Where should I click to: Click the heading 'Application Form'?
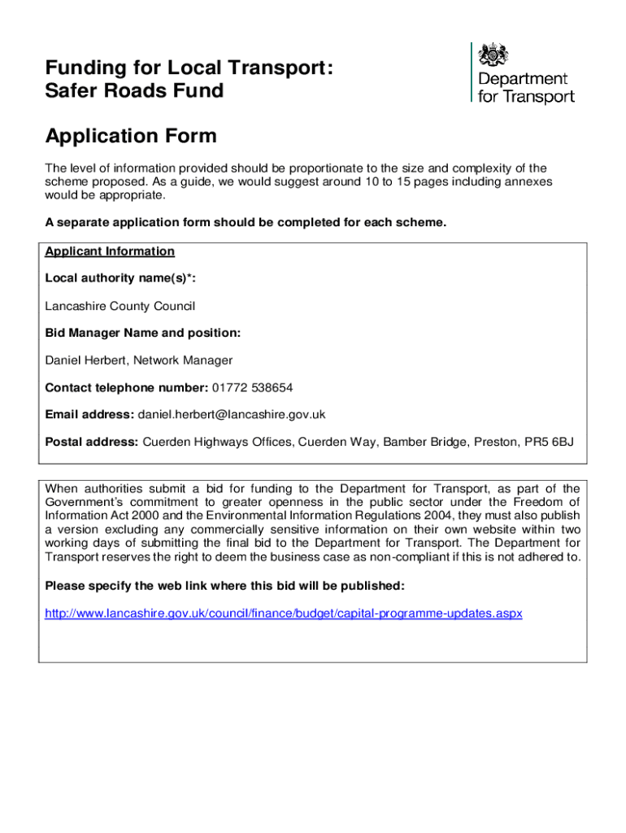[131, 136]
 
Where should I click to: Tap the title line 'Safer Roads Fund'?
[134, 90]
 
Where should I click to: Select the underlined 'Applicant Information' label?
[110, 251]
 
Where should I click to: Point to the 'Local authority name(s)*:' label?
[120, 278]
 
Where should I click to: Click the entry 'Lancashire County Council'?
[120, 306]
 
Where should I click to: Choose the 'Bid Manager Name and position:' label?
[142, 333]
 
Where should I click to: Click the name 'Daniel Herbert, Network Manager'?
[139, 360]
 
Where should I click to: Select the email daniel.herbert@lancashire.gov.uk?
[232, 414]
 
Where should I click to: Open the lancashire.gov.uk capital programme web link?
[283, 613]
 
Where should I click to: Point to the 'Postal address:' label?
[92, 442]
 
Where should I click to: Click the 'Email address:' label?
[89, 414]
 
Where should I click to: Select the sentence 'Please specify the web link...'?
[224, 586]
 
